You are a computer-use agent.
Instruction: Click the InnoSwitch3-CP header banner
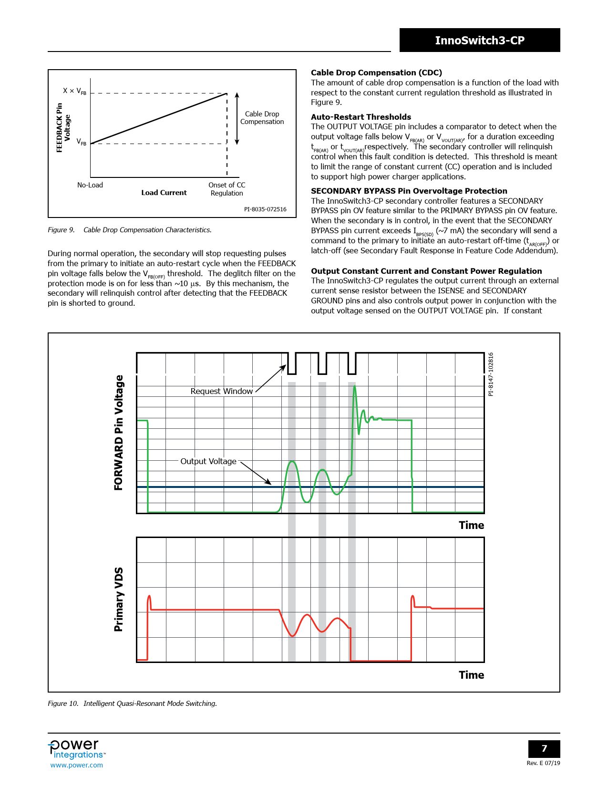(x=479, y=40)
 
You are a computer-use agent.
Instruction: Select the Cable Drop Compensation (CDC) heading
(x=376, y=72)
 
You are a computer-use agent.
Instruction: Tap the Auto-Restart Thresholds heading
(x=361, y=117)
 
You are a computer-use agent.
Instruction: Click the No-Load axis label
(x=90, y=185)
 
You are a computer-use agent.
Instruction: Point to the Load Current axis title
(x=164, y=193)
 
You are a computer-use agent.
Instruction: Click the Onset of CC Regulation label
(x=227, y=189)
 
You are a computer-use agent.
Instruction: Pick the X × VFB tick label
(x=75, y=91)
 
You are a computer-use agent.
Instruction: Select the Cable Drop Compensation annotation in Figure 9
(x=262, y=118)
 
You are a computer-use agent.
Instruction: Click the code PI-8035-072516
(x=265, y=209)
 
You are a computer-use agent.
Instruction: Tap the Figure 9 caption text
(x=129, y=230)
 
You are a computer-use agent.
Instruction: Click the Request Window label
(x=221, y=391)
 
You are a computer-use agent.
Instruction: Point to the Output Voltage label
(x=208, y=461)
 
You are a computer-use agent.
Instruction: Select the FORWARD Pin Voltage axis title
(x=119, y=433)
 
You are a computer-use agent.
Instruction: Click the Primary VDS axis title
(x=119, y=600)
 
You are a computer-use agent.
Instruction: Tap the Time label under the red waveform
(x=471, y=675)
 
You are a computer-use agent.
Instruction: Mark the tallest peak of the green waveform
(x=354, y=386)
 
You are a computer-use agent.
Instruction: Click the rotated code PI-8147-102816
(x=491, y=374)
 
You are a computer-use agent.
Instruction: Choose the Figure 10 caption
(x=132, y=704)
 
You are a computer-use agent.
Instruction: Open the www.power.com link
(x=77, y=765)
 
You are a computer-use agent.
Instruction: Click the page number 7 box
(x=544, y=749)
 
